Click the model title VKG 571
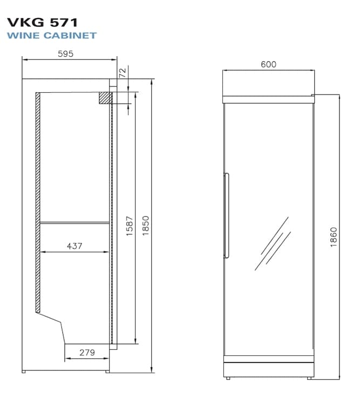coord(43,22)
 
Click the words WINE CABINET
coord(52,36)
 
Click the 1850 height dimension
coord(145,225)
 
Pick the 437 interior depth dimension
coord(74,246)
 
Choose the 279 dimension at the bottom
coord(87,353)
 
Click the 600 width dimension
coord(268,64)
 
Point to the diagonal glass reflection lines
coord(273,243)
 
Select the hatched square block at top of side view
coord(105,98)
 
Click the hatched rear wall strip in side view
coord(38,202)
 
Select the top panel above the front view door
coord(269,99)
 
